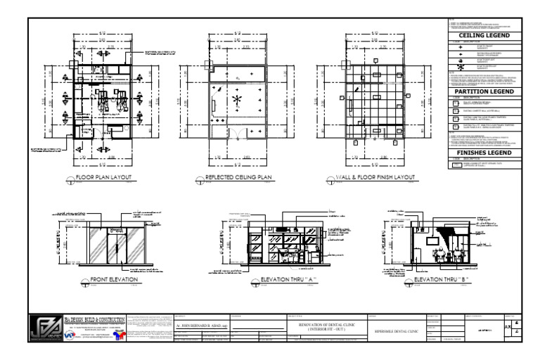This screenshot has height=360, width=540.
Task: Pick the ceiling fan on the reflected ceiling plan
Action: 237,100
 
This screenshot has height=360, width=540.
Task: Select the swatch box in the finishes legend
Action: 458,165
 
